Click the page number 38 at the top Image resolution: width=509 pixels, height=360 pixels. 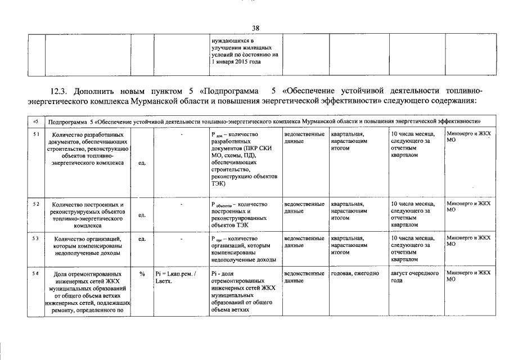click(x=255, y=28)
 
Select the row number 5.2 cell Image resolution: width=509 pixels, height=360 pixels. click(x=35, y=204)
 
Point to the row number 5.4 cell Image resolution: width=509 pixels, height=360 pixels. click(x=35, y=273)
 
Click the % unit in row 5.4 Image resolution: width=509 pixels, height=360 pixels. click(x=142, y=273)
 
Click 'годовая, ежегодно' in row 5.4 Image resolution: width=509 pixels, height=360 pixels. click(x=354, y=273)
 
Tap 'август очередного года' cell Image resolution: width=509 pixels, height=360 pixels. click(x=414, y=277)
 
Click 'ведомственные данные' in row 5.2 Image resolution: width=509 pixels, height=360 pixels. click(x=304, y=208)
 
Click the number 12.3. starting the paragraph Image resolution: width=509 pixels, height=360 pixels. click(x=60, y=91)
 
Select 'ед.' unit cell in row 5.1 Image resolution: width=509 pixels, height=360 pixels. click(x=142, y=163)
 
